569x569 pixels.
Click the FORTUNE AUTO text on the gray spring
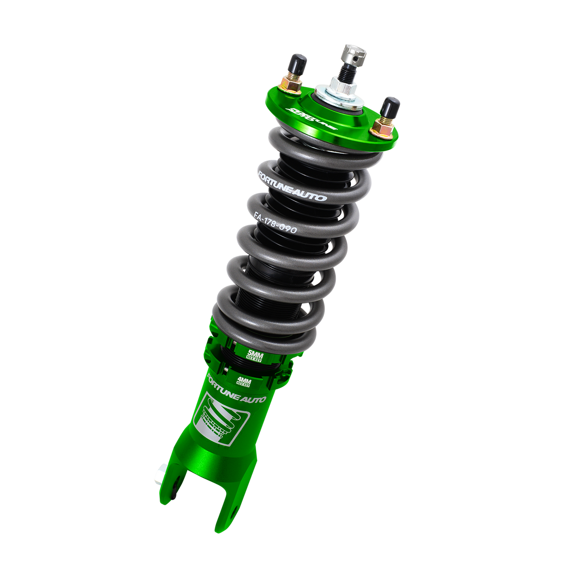[291, 185]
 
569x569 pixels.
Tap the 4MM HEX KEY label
[243, 380]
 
